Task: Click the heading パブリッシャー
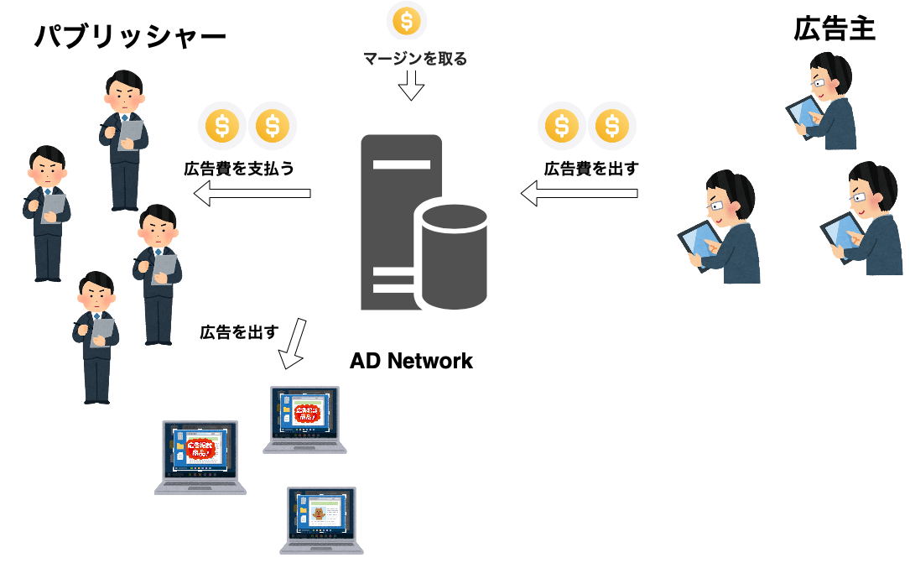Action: [x=130, y=36]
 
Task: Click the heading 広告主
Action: [x=834, y=29]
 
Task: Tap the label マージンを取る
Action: [x=415, y=59]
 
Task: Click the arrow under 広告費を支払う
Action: [x=252, y=195]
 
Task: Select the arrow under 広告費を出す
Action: [x=579, y=194]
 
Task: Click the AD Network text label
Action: [x=411, y=362]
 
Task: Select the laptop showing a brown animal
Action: [x=321, y=519]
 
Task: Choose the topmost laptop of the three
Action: [x=304, y=419]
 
